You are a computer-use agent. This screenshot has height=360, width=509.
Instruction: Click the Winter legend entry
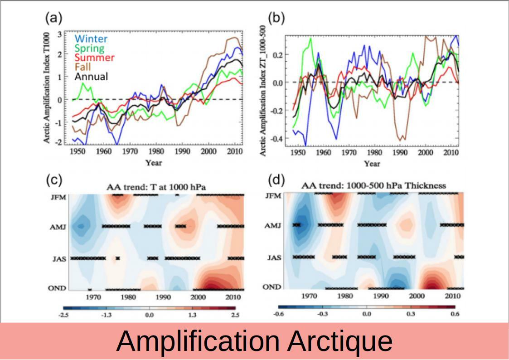pyautogui.click(x=91, y=39)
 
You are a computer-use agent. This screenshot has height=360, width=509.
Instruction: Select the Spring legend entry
pyautogui.click(x=89, y=48)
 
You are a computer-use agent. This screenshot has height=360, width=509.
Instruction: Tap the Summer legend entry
pyautogui.click(x=94, y=58)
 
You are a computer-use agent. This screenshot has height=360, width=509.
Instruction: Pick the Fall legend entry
pyautogui.click(x=82, y=67)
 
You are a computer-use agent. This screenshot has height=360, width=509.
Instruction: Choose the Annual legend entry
pyautogui.click(x=91, y=77)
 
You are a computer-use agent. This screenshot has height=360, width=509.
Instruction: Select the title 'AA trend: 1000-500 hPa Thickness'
pyautogui.click(x=374, y=185)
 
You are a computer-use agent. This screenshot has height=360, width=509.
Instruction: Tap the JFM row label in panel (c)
pyautogui.click(x=59, y=197)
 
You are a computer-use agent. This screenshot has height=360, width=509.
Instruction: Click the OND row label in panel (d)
pyautogui.click(x=272, y=287)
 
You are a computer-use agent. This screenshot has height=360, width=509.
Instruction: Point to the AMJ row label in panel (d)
pyautogui.click(x=272, y=225)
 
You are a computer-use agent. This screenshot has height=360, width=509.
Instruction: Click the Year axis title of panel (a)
pyautogui.click(x=154, y=162)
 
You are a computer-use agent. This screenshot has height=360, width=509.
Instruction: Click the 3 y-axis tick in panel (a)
pyautogui.click(x=60, y=34)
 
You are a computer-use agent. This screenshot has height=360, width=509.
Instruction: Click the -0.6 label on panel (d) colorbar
pyautogui.click(x=279, y=313)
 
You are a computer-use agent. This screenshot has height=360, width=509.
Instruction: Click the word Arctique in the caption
pyautogui.click(x=339, y=341)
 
